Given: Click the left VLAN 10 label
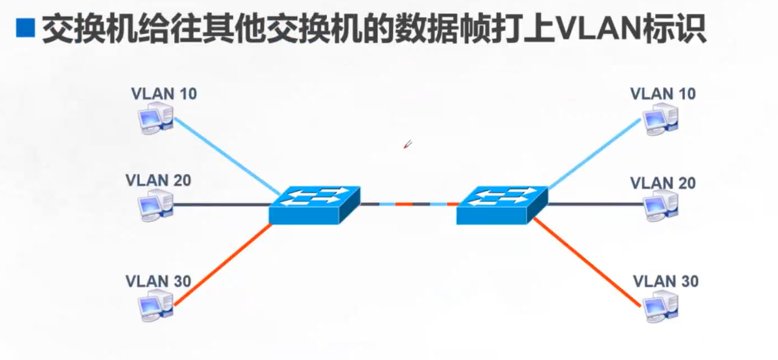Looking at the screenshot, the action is tap(164, 94).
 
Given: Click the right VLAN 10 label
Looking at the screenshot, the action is tap(663, 94).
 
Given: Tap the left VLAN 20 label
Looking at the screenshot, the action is tap(158, 181).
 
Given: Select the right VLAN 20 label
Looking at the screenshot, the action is tap(663, 183).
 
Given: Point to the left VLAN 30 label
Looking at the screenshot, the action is tap(158, 280).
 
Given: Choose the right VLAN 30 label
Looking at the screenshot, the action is tap(665, 281).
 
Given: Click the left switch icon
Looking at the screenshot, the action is tap(315, 204).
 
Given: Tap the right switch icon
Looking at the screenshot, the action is tap(502, 204).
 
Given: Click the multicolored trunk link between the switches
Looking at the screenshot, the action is tap(408, 204).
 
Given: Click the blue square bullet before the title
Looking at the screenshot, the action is tap(25, 29).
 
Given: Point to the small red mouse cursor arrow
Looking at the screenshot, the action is tap(407, 145).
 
